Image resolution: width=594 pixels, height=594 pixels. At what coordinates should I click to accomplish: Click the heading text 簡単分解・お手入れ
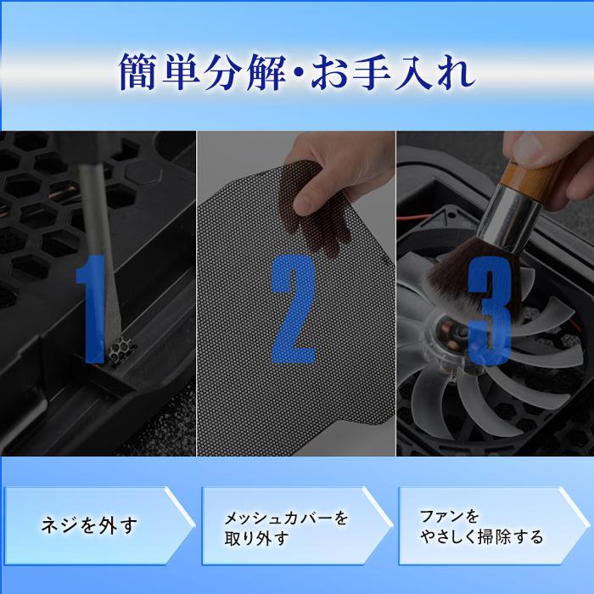click(296, 75)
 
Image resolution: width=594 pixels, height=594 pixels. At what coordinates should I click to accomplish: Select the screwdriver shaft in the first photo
click(99, 229)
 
